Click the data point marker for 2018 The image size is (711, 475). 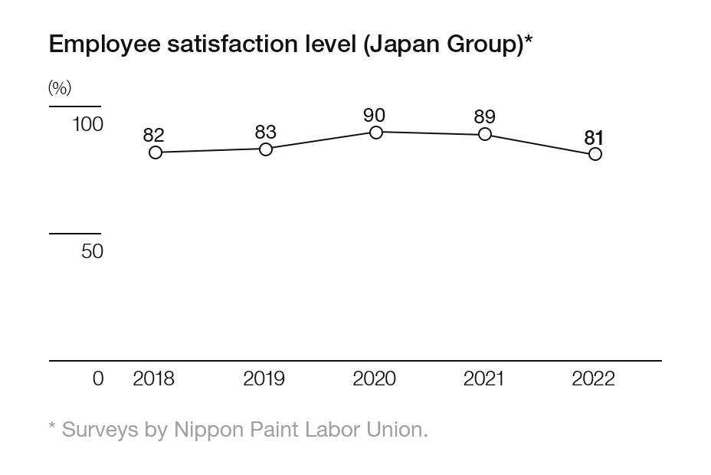156,152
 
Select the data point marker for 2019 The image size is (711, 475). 266,149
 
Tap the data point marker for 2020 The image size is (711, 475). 376,133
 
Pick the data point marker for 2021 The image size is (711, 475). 485,134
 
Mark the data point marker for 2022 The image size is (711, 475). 595,154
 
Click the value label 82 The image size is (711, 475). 154,135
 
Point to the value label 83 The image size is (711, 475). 265,132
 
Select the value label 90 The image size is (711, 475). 374,115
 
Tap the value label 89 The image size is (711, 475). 484,116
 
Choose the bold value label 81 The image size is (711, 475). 594,137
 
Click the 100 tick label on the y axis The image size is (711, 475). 87,124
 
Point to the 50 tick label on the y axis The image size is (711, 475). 92,251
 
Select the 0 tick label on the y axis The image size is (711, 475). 97,378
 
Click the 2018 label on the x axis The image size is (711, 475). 153,378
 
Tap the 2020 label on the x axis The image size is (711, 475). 374,378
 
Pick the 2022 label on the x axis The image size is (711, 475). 593,378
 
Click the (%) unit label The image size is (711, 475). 60,88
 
